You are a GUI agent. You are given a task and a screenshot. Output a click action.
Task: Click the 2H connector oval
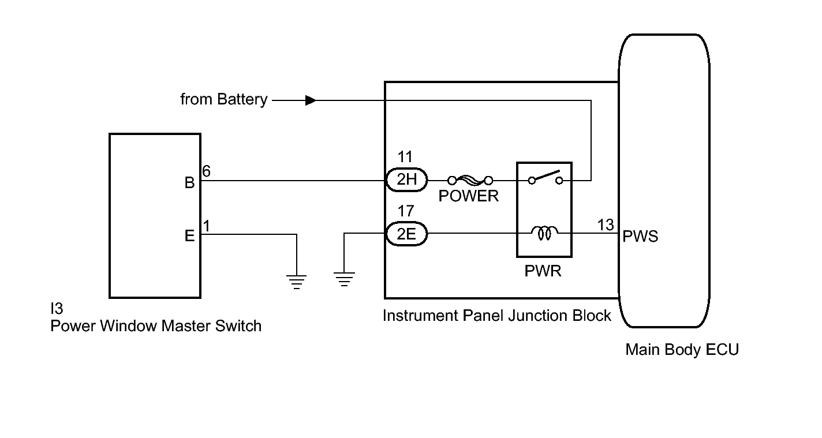click(x=406, y=180)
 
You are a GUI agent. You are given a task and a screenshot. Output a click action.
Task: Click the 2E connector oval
click(x=406, y=234)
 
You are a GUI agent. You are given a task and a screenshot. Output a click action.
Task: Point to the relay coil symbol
click(x=544, y=233)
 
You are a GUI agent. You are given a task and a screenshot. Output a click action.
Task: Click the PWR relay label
click(x=543, y=271)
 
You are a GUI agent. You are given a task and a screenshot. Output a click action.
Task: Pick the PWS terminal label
click(x=640, y=237)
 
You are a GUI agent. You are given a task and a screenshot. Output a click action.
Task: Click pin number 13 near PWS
click(x=606, y=225)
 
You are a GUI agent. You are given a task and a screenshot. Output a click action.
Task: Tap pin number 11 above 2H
click(x=406, y=157)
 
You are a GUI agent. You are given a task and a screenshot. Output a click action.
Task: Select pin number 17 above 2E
click(x=406, y=212)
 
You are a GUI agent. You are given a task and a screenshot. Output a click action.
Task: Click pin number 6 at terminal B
click(x=207, y=171)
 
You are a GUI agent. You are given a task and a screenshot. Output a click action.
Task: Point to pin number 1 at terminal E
click(x=206, y=226)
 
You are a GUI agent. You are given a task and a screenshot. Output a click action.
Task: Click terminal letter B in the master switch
click(x=189, y=183)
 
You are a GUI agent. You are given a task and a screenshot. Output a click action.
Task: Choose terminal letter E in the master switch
click(x=189, y=236)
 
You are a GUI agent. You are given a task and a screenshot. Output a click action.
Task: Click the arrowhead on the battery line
click(x=311, y=100)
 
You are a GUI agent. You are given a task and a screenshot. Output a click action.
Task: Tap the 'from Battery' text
click(x=223, y=100)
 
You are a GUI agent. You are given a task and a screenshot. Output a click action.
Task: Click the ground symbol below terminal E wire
click(x=297, y=282)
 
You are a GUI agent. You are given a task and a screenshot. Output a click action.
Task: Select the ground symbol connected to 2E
click(x=344, y=279)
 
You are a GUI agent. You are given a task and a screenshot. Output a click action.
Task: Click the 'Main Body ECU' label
click(x=682, y=349)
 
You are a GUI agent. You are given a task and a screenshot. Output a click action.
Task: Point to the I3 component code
click(x=57, y=310)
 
